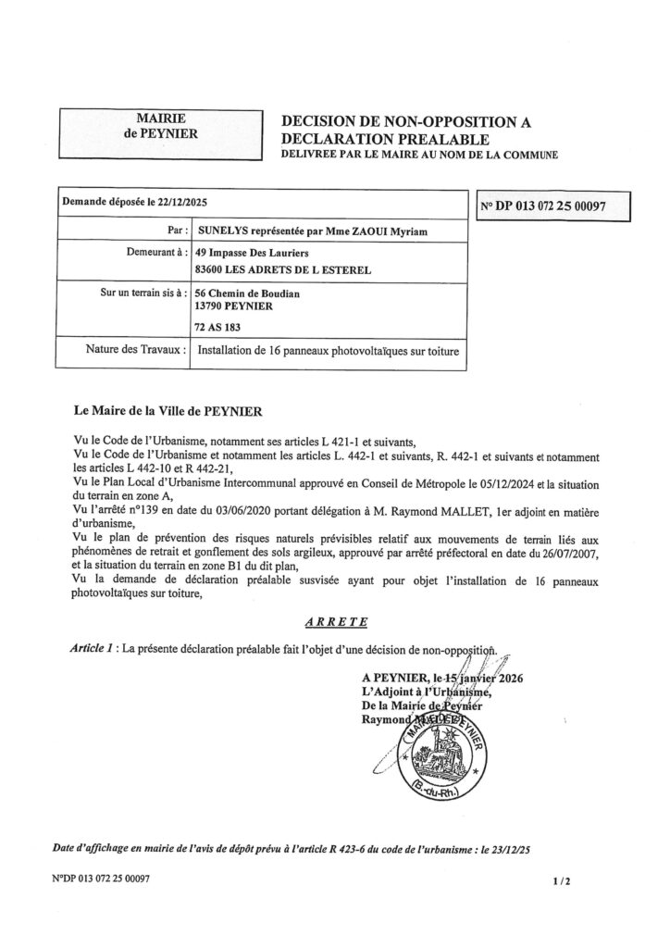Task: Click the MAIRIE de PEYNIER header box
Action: [x=160, y=126]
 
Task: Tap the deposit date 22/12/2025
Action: [x=185, y=202]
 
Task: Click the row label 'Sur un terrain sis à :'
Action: [x=137, y=293]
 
